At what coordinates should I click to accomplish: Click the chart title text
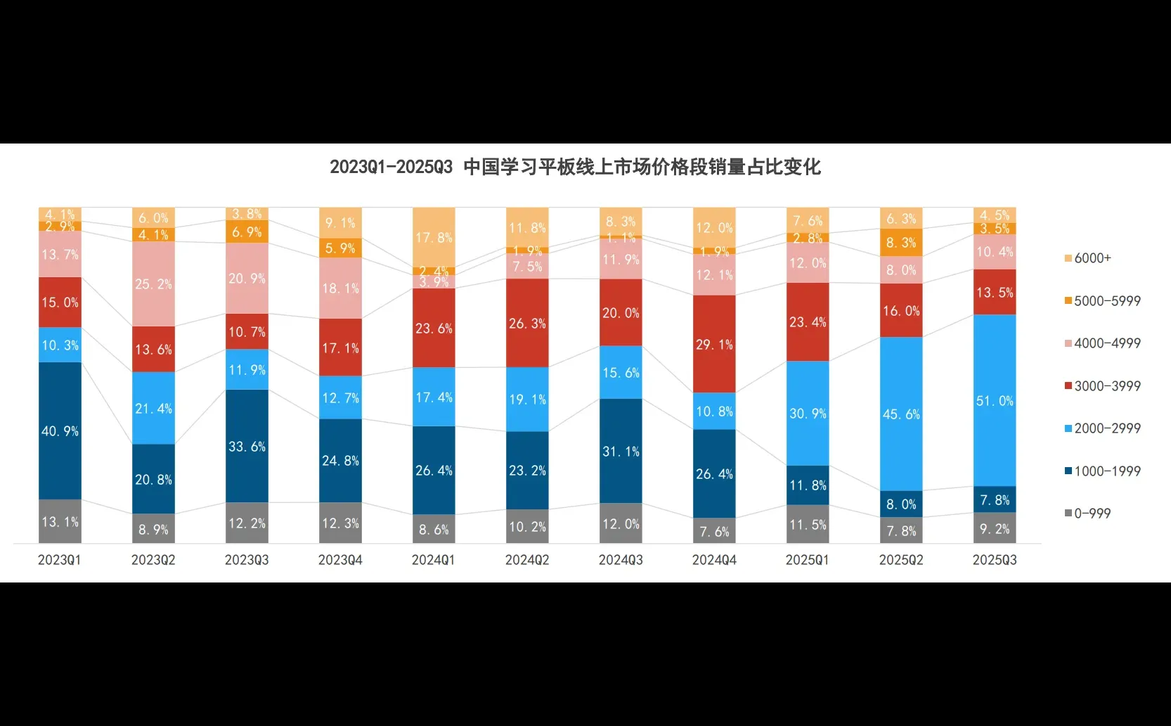coord(575,167)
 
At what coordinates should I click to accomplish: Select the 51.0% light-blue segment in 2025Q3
coord(995,400)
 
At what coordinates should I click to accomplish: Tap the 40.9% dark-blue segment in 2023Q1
coord(60,431)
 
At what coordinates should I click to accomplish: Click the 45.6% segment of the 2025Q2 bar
coord(901,414)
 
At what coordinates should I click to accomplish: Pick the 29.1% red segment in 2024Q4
coord(714,344)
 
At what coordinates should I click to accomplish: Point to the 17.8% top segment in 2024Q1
coord(434,237)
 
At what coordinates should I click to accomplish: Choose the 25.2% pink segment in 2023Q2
coord(153,284)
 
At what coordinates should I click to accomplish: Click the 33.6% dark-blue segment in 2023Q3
coord(247,446)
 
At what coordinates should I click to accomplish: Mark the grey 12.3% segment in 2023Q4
coord(340,523)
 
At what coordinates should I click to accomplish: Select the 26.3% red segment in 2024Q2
coord(527,323)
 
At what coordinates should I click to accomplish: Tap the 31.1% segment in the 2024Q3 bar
coord(621,451)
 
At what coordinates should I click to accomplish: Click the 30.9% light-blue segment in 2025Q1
coord(808,413)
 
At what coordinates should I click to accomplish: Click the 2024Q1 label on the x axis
coord(433,560)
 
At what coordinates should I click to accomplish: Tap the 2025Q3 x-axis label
coord(995,560)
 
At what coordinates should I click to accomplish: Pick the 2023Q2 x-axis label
coord(153,560)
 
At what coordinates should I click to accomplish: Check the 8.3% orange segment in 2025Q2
coord(901,243)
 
